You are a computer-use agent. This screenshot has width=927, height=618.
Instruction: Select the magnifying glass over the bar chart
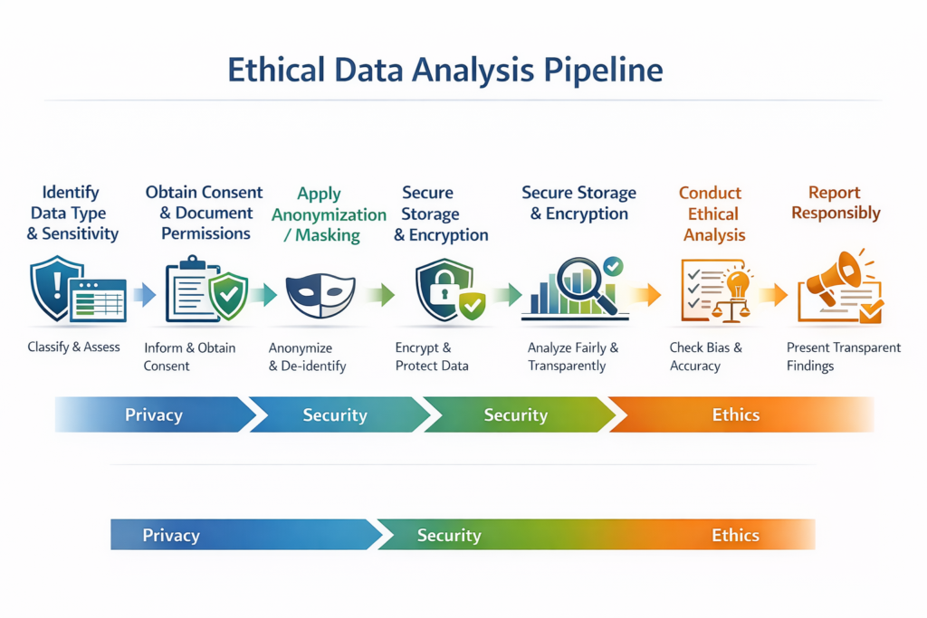pos(584,281)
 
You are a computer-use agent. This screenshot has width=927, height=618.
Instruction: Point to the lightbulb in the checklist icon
pos(737,282)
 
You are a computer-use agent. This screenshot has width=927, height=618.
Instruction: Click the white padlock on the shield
pos(442,292)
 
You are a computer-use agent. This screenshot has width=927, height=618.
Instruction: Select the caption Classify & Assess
pos(73,347)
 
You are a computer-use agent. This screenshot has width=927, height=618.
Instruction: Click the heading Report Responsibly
pos(836,204)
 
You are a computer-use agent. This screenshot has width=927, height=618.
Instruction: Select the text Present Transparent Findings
pos(844,357)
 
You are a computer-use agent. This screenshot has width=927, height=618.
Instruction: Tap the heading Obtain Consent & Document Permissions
pos(205,213)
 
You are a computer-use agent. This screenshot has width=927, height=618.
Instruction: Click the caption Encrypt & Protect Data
pos(432,357)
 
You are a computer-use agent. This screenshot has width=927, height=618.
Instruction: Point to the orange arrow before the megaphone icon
pos(773,294)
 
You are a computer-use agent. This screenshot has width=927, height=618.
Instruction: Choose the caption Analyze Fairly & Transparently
pos(573,357)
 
